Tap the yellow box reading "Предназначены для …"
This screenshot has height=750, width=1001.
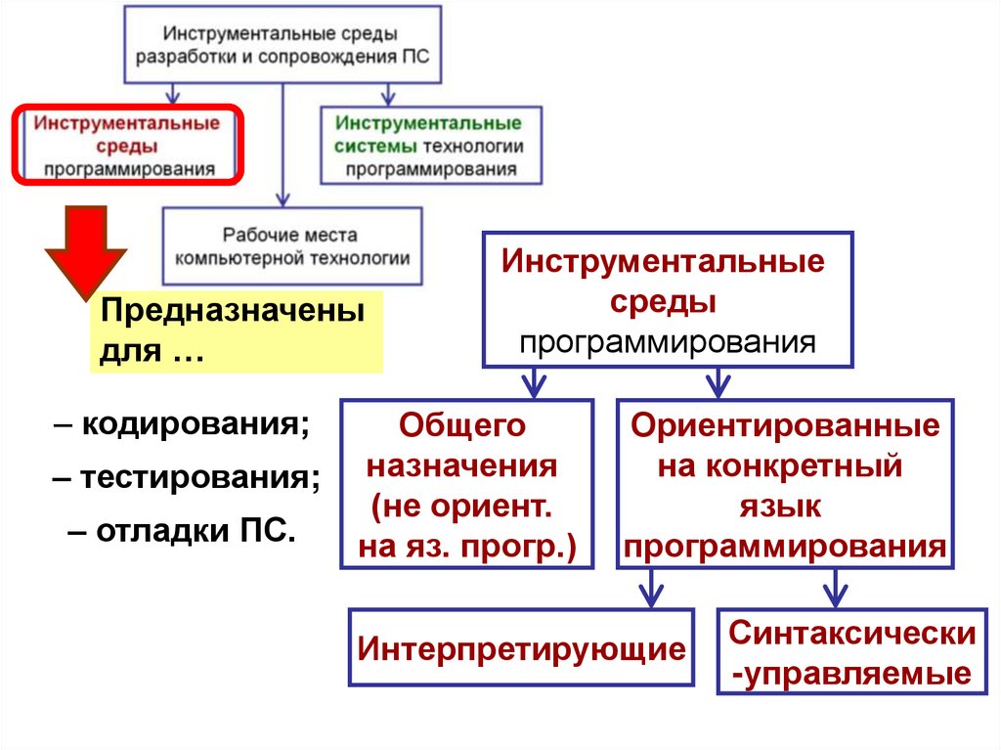click(236, 332)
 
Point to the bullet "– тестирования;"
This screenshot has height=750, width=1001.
click(187, 480)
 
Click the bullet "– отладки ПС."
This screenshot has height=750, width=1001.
click(181, 533)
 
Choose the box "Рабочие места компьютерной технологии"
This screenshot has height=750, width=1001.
click(291, 246)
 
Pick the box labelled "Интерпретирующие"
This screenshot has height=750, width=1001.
click(521, 647)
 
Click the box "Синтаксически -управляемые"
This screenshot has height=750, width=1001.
click(851, 652)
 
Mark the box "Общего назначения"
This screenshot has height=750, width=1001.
click(466, 484)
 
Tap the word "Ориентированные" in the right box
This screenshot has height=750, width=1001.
click(785, 426)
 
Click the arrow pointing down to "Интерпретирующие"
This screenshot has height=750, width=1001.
click(650, 590)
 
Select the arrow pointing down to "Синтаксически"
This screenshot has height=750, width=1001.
click(833, 590)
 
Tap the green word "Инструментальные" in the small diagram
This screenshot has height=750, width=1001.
click(428, 124)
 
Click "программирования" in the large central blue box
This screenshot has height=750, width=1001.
click(667, 342)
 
